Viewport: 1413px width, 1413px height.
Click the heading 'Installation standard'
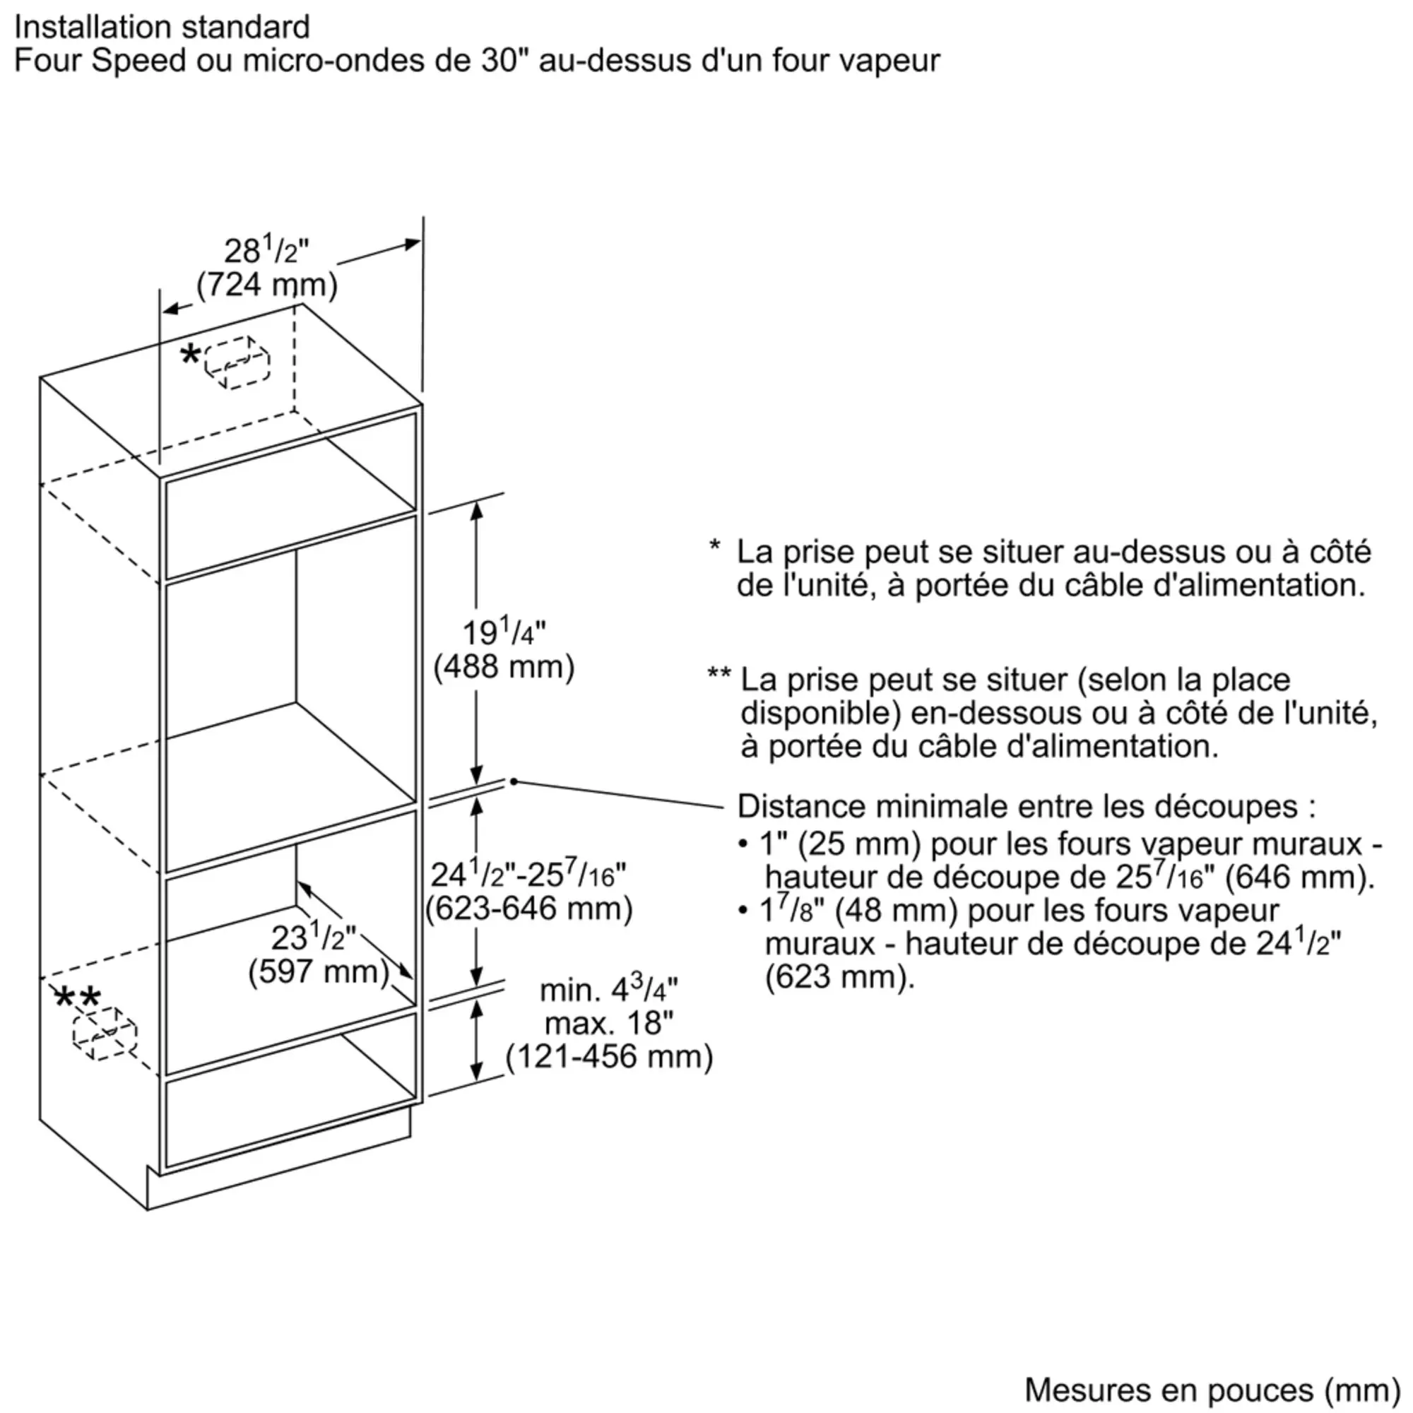coord(162,28)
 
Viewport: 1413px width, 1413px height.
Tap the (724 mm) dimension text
coord(267,285)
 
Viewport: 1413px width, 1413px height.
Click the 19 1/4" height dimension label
coord(504,632)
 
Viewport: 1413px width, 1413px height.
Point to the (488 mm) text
coord(504,667)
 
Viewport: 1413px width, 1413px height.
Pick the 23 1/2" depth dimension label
coord(313,937)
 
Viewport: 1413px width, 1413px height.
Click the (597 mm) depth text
coord(318,971)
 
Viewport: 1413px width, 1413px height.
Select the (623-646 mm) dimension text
coord(528,909)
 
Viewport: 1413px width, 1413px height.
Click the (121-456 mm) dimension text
coord(609,1057)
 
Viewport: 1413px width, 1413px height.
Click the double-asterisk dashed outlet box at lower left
coord(105,1032)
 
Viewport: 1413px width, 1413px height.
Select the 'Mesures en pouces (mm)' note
coord(1212,1390)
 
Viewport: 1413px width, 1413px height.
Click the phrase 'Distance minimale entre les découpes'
coord(1017,807)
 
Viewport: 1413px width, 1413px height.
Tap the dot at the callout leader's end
coord(514,782)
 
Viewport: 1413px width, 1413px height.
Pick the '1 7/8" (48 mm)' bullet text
coord(858,911)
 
